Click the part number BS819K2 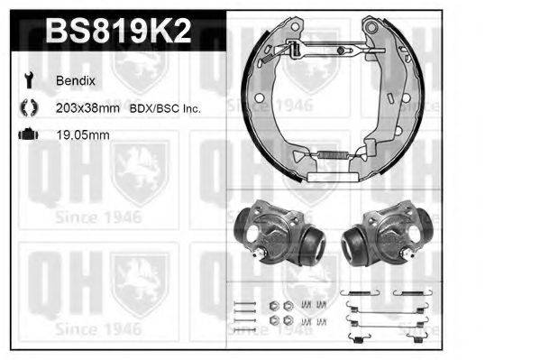pos(116,32)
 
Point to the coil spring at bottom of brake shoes pos(334,160)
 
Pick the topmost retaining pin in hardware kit pos(243,301)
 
